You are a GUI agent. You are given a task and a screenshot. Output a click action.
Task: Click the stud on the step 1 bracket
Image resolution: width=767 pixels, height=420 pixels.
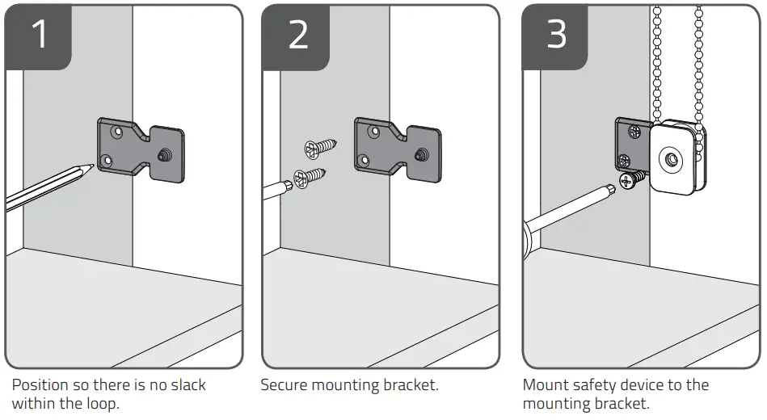click(x=165, y=153)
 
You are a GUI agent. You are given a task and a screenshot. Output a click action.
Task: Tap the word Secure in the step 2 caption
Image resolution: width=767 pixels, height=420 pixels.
click(x=285, y=385)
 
